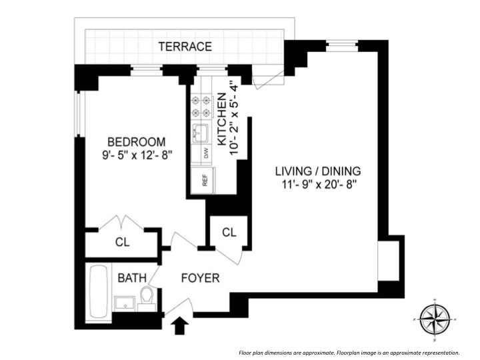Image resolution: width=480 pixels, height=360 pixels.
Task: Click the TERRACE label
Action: tap(185, 47)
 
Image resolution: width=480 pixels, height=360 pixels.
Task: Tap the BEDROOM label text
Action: tap(136, 142)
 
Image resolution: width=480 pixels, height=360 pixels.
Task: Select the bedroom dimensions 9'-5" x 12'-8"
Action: tap(136, 155)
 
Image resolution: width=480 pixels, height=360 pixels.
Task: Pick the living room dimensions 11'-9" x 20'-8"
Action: tap(318, 183)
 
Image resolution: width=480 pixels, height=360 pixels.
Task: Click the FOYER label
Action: tap(201, 278)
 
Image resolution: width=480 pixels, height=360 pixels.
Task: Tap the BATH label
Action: tap(133, 278)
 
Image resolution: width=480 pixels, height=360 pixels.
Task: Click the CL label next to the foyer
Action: tap(229, 233)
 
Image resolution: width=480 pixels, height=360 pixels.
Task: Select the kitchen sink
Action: tap(201, 133)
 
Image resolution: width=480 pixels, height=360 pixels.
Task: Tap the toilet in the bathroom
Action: tap(148, 295)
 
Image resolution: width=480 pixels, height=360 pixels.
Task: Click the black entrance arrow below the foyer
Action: tap(179, 326)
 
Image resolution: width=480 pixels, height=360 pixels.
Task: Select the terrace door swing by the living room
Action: tap(267, 80)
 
